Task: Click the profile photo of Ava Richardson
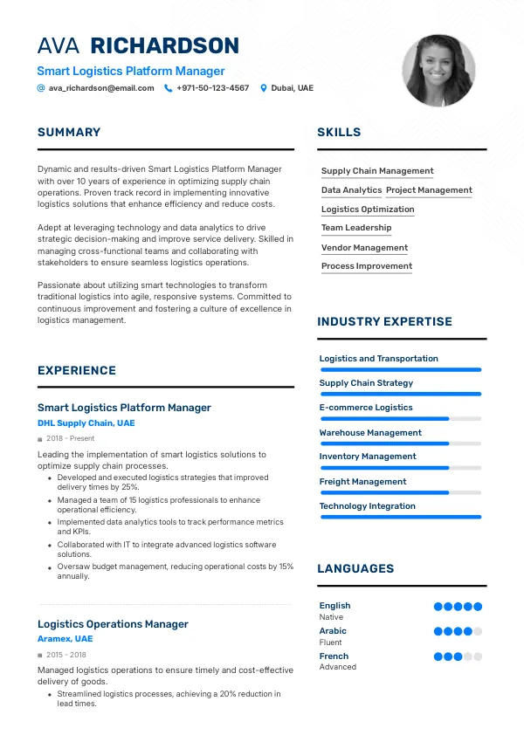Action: tap(438, 71)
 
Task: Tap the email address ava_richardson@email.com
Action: tap(101, 88)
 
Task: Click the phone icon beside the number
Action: tap(168, 88)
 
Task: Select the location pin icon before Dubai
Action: tap(264, 88)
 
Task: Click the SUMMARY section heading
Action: tap(69, 133)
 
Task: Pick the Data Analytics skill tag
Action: tap(351, 190)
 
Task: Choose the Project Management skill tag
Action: tap(429, 190)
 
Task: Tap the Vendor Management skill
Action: tap(364, 248)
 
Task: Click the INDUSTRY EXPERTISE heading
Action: tap(384, 322)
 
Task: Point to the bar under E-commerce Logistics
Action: tap(400, 419)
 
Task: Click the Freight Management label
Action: tap(362, 482)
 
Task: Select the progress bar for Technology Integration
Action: tap(400, 517)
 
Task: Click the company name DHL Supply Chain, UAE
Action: tap(86, 423)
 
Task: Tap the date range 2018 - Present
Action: tap(72, 438)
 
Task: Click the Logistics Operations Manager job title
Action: tap(113, 624)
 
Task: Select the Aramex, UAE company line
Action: tap(65, 639)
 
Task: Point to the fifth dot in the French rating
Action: tap(478, 656)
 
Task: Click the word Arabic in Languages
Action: tap(333, 631)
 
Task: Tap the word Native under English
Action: tap(331, 617)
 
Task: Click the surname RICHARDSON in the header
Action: tap(164, 46)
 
